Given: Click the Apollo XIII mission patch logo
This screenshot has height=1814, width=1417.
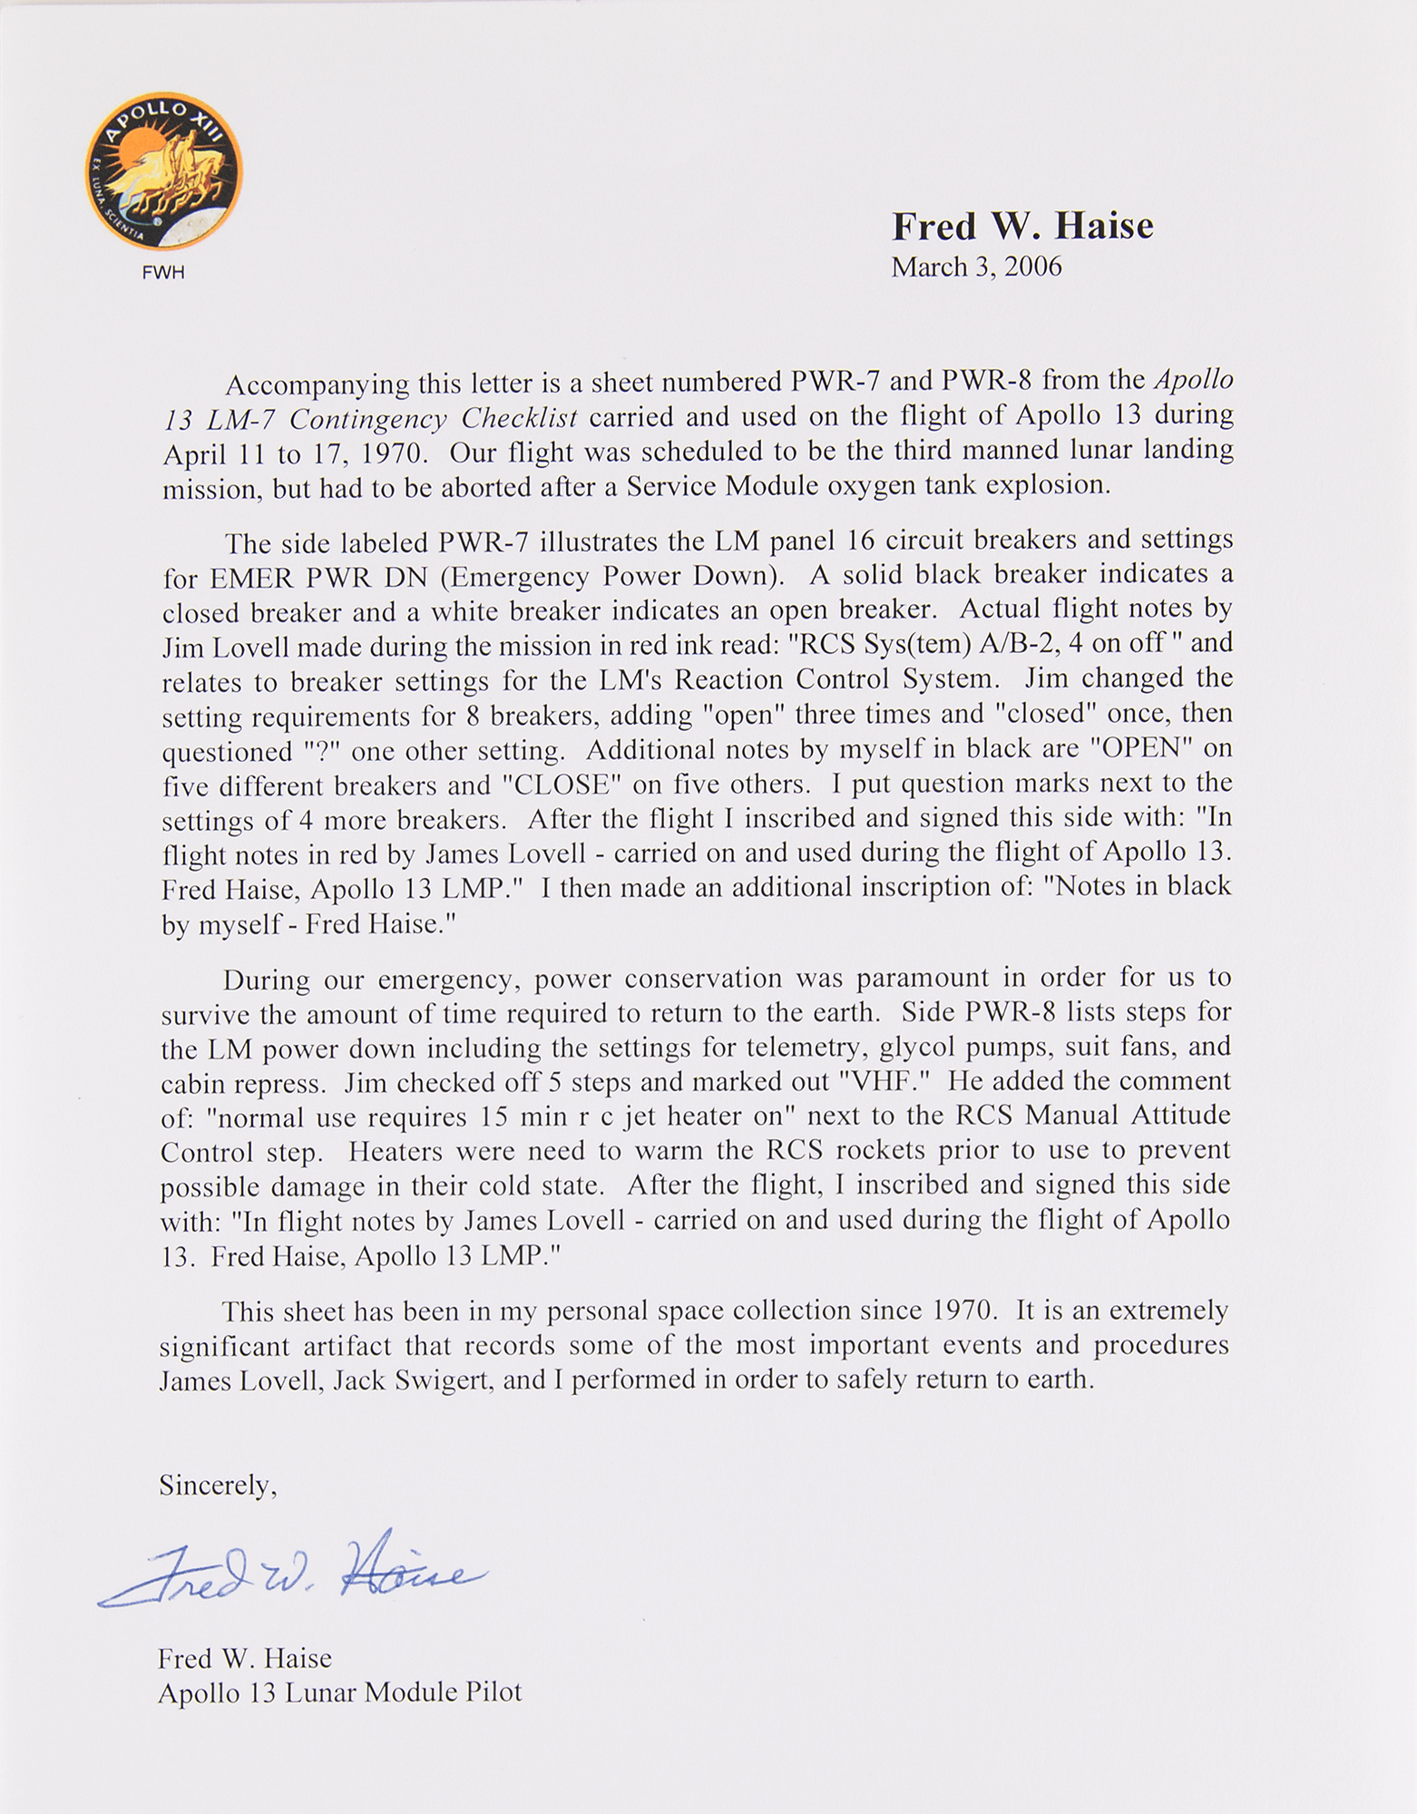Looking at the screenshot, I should [163, 171].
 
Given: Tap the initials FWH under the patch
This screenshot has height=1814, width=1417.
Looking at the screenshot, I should [163, 272].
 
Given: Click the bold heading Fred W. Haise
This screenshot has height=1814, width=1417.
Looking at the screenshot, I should [1022, 227].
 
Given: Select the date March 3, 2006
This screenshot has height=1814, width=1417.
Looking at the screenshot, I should [976, 268].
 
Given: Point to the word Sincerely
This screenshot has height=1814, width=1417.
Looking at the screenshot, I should [218, 1485].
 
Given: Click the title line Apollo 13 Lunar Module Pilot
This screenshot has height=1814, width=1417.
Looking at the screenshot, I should [339, 1693].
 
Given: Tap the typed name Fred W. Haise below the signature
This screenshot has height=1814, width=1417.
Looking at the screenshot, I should [245, 1659].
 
